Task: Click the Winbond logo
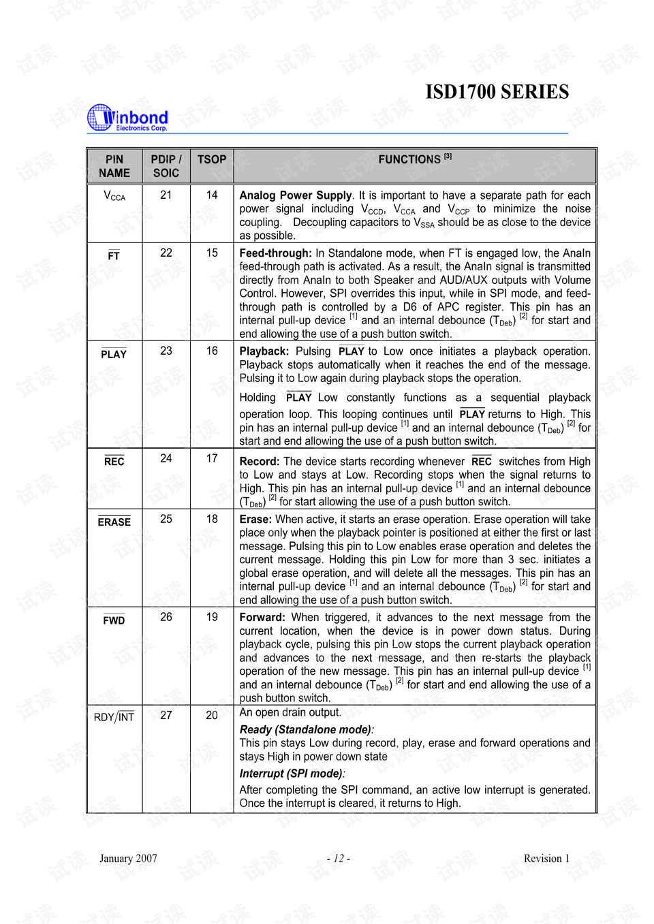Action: [128, 118]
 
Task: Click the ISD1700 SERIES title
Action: [497, 92]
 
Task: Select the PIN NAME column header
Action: [114, 166]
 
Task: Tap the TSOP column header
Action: [212, 159]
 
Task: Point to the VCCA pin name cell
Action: [114, 196]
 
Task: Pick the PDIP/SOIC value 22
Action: [166, 253]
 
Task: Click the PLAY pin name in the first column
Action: [114, 354]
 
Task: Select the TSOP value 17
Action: [212, 458]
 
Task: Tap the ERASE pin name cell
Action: [114, 522]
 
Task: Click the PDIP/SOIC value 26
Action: [166, 617]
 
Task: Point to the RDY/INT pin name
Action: [114, 717]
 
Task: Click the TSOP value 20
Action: [212, 715]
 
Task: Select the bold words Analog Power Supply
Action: [296, 195]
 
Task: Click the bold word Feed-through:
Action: [275, 253]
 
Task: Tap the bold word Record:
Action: [260, 462]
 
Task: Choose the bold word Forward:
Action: [262, 618]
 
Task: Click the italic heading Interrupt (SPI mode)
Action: [292, 774]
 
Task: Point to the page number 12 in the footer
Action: [339, 859]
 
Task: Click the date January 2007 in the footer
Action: [128, 859]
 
